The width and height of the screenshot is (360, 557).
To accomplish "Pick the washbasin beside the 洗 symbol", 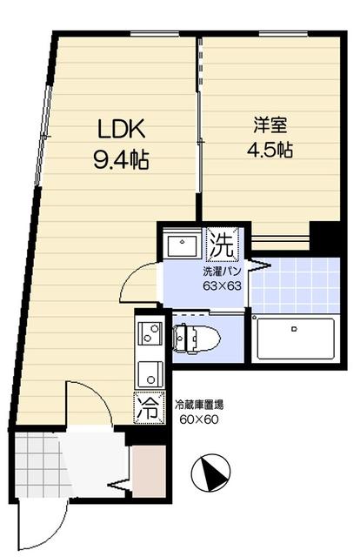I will coord(182,244).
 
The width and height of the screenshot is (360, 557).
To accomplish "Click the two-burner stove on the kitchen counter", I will coord(150,333).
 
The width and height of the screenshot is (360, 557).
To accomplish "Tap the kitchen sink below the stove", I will coord(150,372).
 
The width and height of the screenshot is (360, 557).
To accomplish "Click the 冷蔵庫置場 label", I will coord(199,404).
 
